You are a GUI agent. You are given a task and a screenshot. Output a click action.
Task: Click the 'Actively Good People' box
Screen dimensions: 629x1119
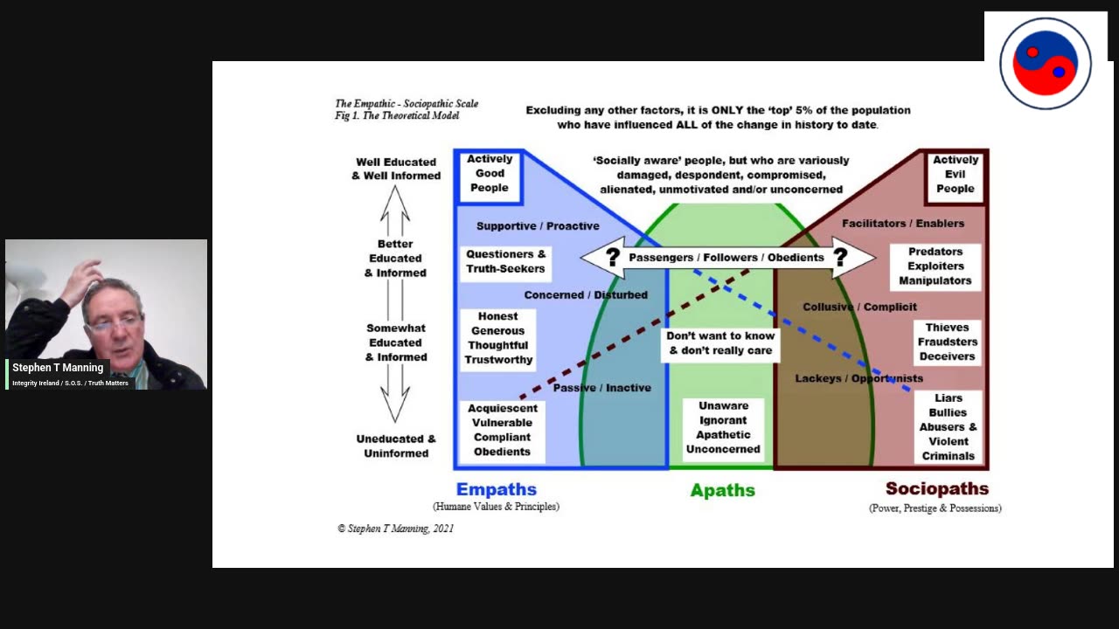pyautogui.click(x=490, y=174)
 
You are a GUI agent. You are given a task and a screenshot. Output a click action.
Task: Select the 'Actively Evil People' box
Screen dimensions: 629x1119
pyautogui.click(x=955, y=174)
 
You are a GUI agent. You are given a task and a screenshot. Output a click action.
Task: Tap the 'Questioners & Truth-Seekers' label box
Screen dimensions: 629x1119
pyautogui.click(x=505, y=261)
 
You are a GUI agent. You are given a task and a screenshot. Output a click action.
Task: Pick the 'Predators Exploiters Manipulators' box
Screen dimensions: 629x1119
pyautogui.click(x=935, y=266)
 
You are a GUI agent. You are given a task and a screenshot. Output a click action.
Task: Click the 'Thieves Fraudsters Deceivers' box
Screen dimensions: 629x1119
pyautogui.click(x=947, y=342)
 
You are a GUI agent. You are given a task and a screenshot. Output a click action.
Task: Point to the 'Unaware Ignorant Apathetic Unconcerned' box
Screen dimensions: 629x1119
pyautogui.click(x=723, y=428)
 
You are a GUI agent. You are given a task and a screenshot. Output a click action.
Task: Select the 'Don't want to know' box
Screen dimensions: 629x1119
pyautogui.click(x=720, y=343)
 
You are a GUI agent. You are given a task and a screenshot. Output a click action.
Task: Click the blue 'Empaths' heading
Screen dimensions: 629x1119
pyautogui.click(x=496, y=489)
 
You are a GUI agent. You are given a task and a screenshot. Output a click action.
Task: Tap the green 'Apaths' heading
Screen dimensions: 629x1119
pyautogui.click(x=722, y=490)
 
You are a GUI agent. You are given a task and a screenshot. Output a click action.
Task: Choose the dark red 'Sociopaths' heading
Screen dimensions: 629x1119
pyautogui.click(x=936, y=489)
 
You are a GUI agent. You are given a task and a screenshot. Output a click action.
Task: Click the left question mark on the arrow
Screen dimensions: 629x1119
pyautogui.click(x=613, y=257)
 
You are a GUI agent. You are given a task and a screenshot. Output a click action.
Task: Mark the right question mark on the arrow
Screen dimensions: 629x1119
pyautogui.click(x=840, y=257)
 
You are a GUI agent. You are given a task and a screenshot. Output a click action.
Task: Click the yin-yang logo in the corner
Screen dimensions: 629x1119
pyautogui.click(x=1045, y=63)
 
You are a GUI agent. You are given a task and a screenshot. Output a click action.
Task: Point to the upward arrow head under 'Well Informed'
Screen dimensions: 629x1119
pyautogui.click(x=395, y=200)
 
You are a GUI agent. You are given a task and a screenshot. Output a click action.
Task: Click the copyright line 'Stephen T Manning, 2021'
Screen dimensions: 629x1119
pyautogui.click(x=395, y=529)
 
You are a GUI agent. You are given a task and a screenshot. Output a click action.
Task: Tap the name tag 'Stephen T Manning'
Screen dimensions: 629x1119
pyautogui.click(x=58, y=368)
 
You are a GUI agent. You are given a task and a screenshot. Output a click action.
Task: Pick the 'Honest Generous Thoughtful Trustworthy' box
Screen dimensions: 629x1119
pyautogui.click(x=498, y=338)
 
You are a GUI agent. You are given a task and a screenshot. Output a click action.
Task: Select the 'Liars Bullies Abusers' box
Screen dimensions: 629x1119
pyautogui.click(x=948, y=426)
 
